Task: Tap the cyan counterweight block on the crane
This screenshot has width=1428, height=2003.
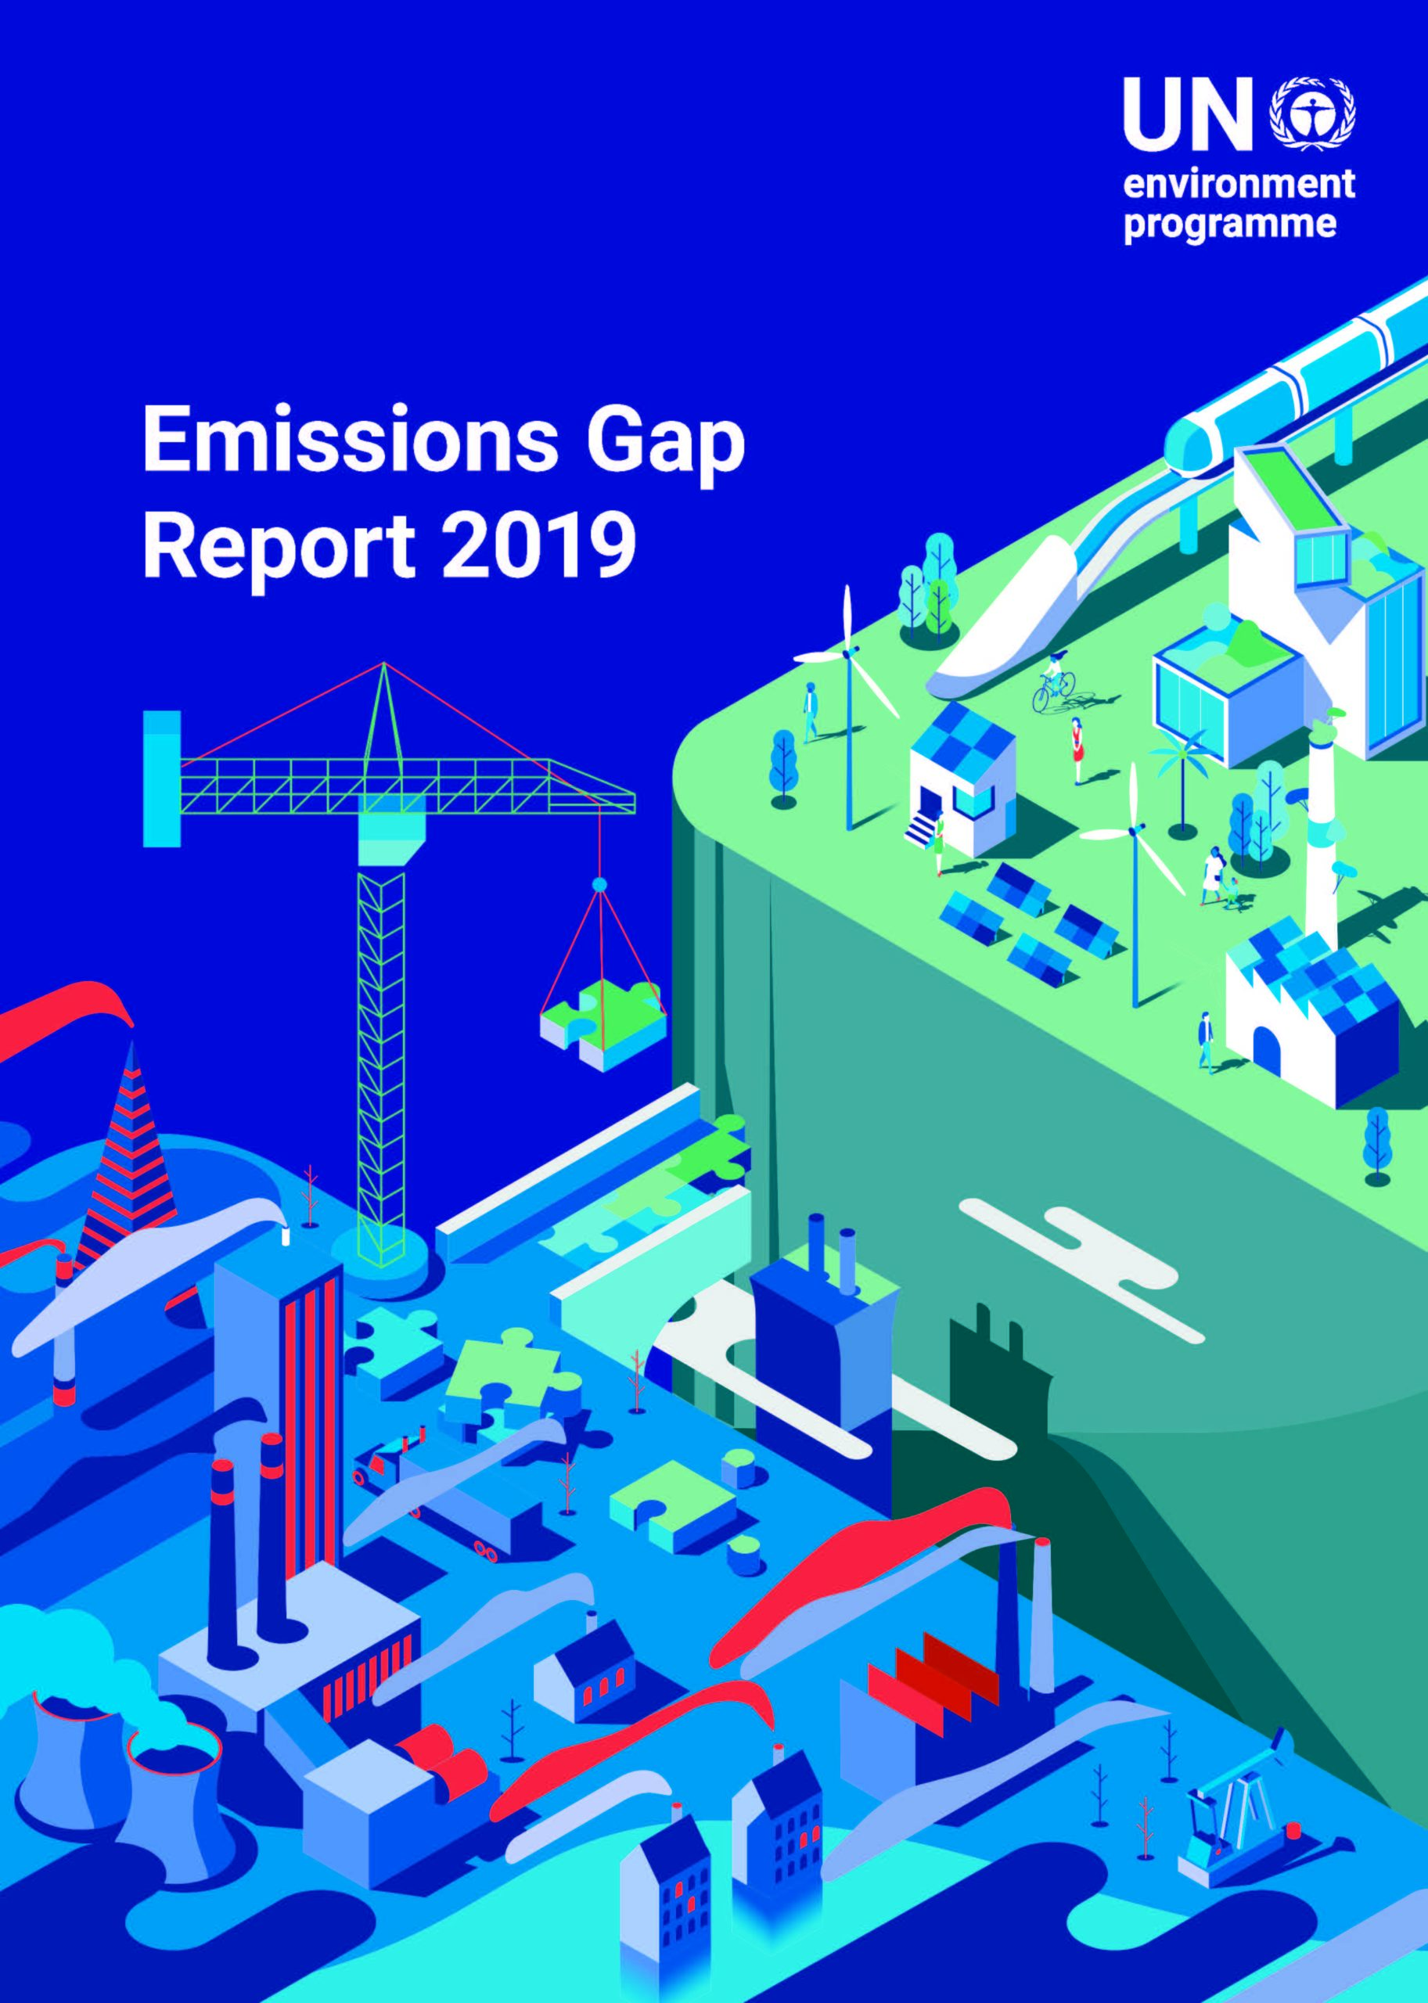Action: pyautogui.click(x=162, y=779)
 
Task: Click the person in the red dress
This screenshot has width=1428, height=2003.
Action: pyautogui.click(x=1076, y=750)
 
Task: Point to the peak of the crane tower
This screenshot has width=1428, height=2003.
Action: pyautogui.click(x=383, y=663)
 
